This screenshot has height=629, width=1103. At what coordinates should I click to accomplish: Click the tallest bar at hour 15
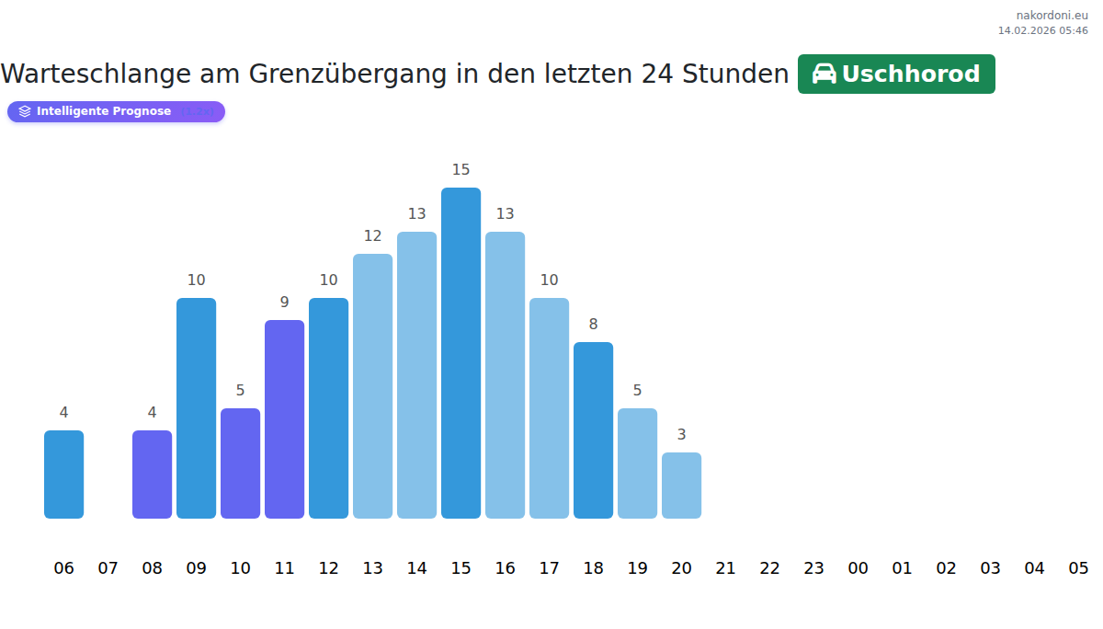461,353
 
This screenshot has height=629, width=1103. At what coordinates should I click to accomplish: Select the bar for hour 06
63,475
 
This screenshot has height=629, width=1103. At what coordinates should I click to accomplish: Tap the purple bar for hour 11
284,419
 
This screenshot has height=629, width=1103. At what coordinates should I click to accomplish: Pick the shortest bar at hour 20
681,486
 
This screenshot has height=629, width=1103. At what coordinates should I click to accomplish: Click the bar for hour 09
196,408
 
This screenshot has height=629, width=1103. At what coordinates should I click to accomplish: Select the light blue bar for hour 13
372,386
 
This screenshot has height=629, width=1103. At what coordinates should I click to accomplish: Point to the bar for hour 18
593,430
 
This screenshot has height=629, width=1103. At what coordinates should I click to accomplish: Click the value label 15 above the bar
461,170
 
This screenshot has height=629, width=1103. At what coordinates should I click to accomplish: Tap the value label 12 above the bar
372,236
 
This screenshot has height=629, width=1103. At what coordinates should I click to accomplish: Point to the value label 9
284,303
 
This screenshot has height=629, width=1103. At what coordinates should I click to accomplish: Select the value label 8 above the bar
593,325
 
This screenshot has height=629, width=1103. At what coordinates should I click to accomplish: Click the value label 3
681,435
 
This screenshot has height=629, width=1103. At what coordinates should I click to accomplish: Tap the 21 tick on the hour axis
725,568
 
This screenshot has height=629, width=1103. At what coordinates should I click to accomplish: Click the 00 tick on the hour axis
858,568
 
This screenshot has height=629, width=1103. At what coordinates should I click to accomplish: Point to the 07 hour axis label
108,568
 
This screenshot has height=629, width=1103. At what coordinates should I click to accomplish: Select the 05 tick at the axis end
1078,568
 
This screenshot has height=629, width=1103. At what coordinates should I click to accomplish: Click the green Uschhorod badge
896,74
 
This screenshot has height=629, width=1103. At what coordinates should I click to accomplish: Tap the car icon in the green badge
824,74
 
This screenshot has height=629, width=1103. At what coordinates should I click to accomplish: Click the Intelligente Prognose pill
116,111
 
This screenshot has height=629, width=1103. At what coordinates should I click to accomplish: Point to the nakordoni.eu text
1052,16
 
